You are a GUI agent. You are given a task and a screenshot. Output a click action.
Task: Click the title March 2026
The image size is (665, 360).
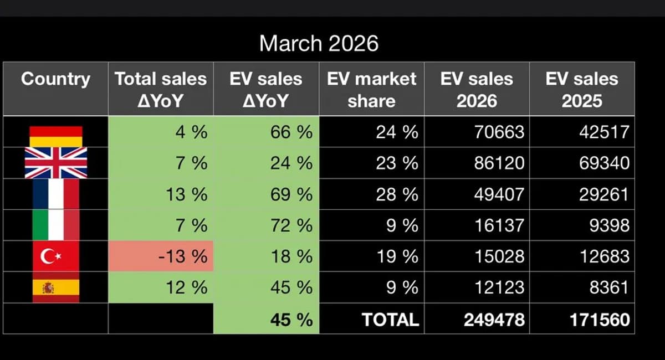pos(319,43)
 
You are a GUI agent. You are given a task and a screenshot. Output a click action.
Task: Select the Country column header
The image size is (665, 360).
pos(55,79)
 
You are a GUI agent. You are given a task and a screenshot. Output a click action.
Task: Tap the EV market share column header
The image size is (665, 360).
pos(371,89)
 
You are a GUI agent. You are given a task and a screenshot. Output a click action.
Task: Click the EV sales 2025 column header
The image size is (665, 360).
pos(582,89)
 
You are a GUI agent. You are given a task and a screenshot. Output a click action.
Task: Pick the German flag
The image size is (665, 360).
pos(56,136)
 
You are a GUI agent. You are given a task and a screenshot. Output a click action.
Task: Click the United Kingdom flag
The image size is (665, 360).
pos(56,163)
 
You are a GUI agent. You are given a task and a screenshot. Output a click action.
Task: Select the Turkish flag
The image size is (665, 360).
pos(56,256)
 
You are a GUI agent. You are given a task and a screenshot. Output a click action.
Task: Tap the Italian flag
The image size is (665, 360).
pos(56,225)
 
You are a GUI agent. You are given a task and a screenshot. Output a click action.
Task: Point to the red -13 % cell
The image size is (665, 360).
pos(161,256)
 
